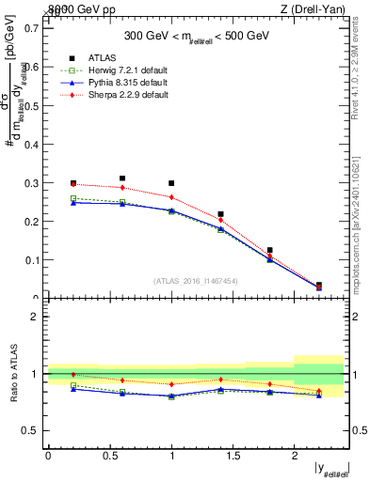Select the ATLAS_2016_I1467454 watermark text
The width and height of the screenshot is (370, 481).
click(x=196, y=280)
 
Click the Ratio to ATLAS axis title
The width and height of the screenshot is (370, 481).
click(x=12, y=373)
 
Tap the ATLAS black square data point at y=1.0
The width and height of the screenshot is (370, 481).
click(x=171, y=183)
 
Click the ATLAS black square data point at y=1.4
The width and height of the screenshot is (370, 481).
click(x=220, y=214)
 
